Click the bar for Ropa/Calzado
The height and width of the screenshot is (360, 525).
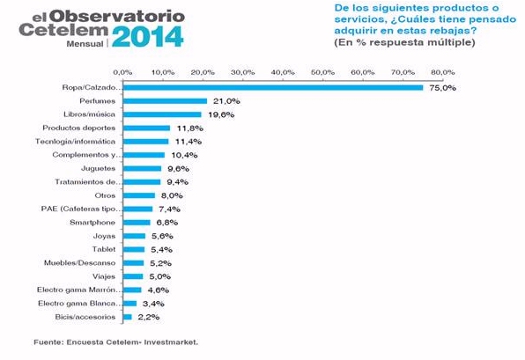click(273, 88)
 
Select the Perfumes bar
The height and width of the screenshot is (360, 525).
click(165, 101)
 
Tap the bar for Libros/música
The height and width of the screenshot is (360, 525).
click(162, 114)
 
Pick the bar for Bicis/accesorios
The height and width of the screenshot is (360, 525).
click(128, 316)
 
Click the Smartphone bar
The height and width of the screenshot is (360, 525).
click(137, 222)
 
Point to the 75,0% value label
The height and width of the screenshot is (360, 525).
click(442, 88)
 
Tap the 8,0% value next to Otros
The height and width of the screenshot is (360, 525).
click(170, 195)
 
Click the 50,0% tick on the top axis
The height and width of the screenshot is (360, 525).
click(322, 72)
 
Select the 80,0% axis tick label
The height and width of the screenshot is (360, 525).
click(442, 72)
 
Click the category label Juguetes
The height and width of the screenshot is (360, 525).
click(101, 168)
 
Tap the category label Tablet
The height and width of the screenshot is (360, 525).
click(106, 249)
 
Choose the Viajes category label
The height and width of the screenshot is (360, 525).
click(105, 276)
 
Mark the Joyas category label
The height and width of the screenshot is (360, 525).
click(105, 235)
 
